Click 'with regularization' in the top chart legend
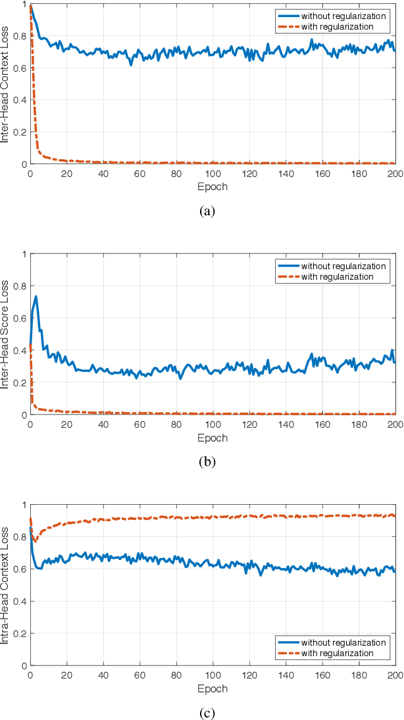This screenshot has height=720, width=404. (338, 26)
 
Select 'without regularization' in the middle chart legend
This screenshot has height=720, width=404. (342, 266)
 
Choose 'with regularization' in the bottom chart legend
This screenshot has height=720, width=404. (338, 653)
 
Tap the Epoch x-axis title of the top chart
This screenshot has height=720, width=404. (213, 186)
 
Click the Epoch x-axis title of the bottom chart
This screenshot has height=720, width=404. (213, 688)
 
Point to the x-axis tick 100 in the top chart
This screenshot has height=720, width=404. (213, 174)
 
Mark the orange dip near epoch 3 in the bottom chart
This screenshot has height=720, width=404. (36, 541)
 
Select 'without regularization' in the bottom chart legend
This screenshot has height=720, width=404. (342, 642)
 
